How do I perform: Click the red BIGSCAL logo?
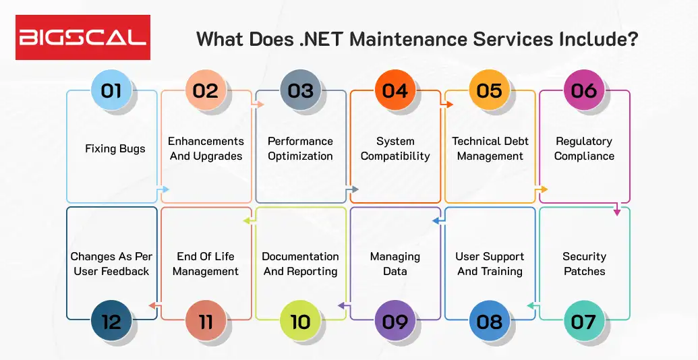click(x=83, y=37)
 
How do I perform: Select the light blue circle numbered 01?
click(x=111, y=90)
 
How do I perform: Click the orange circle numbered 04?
click(x=395, y=90)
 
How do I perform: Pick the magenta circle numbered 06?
click(x=583, y=90)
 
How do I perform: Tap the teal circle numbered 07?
click(x=583, y=321)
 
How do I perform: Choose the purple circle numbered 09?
click(x=395, y=321)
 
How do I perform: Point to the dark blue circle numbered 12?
click(x=111, y=321)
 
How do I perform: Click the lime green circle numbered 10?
click(x=300, y=321)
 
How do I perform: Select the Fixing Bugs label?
click(x=115, y=148)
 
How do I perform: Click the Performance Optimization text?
click(x=300, y=148)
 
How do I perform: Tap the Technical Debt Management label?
click(x=490, y=148)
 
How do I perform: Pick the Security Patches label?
click(x=584, y=264)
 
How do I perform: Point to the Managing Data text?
click(x=395, y=264)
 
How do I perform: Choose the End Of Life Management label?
click(x=206, y=264)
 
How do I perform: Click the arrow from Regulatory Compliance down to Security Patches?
click(x=616, y=212)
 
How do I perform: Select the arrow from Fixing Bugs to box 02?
click(x=164, y=189)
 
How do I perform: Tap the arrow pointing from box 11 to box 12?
click(x=152, y=305)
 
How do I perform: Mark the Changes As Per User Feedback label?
click(x=111, y=264)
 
